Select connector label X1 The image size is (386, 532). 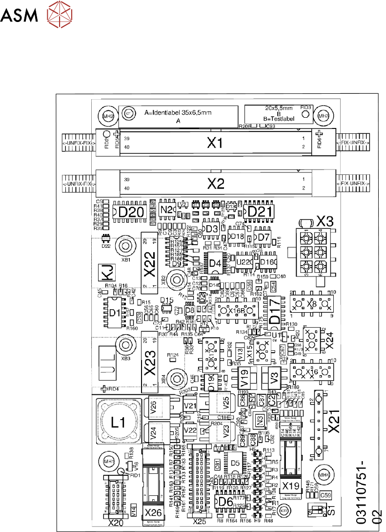pyautogui.click(x=215, y=143)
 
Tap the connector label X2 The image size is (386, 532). pyautogui.click(x=215, y=184)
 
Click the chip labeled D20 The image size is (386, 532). pyautogui.click(x=131, y=212)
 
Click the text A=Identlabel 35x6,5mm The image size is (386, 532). pyautogui.click(x=179, y=113)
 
